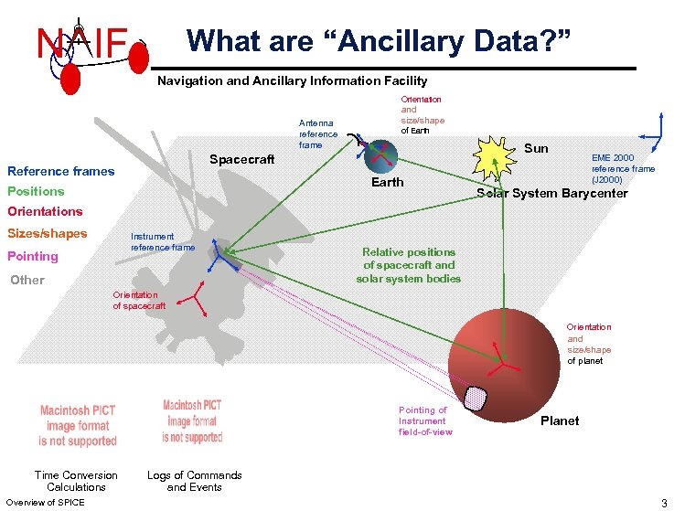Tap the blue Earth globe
380,157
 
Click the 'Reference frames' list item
61,171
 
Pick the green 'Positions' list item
36,191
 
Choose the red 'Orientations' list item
45,211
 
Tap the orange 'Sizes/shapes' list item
48,233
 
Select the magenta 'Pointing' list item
33,256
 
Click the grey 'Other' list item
27,280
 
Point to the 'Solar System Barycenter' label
553,193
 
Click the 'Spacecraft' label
241,159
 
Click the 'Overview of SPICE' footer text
45,502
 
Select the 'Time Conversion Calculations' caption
76,481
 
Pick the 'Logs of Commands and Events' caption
195,481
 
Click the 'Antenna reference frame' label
318,133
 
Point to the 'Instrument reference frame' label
163,241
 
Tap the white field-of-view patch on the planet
476,397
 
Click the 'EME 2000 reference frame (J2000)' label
623,168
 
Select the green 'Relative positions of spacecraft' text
409,265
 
